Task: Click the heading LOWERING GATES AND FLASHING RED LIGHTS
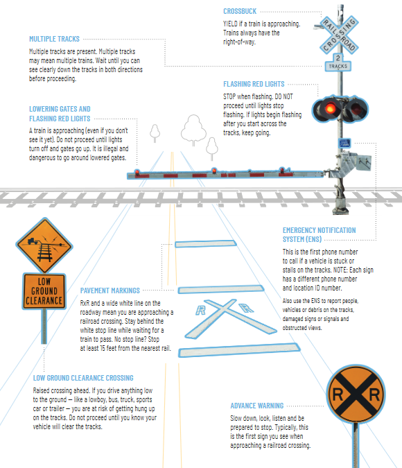point(60,114)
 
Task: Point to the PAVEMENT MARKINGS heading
point(110,291)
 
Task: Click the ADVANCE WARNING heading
point(256,406)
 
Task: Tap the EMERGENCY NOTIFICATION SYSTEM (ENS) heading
point(319,234)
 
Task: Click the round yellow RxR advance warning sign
point(356,395)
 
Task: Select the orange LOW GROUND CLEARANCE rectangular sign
point(44,291)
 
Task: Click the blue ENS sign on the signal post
point(344,143)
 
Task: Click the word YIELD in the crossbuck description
point(231,23)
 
